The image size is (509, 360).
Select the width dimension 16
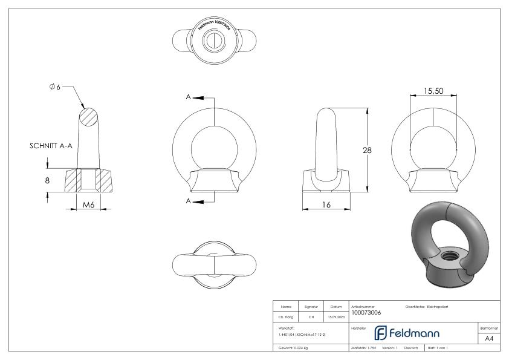[326, 205]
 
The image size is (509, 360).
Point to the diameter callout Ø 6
[55, 88]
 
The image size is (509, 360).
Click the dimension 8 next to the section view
[47, 180]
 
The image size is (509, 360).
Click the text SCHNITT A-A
[51, 146]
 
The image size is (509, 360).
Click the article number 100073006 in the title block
[366, 313]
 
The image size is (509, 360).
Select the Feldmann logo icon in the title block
[381, 333]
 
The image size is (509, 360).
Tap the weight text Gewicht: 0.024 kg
[293, 348]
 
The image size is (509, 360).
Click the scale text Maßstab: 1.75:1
[364, 348]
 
